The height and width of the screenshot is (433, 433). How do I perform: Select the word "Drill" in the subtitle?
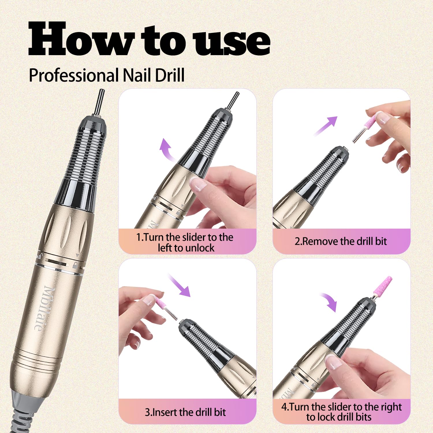[x=170, y=75]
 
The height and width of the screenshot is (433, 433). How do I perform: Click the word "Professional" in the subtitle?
[x=74, y=75]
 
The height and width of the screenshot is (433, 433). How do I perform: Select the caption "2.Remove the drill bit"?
[x=341, y=241]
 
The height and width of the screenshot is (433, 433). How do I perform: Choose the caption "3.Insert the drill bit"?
[x=185, y=412]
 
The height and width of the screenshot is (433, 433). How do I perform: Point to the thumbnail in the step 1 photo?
[x=197, y=184]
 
